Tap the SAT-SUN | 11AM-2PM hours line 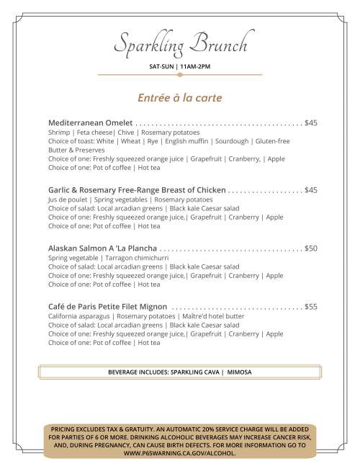point(180,66)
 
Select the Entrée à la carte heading point(180,97)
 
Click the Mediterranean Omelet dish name point(90,122)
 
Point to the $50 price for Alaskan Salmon point(311,248)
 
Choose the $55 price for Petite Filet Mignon point(311,306)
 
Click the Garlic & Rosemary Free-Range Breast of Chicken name point(137,190)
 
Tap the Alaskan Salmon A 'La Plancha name point(102,248)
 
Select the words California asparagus point(78,316)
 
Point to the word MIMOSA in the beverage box point(239,372)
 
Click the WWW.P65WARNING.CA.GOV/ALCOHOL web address point(180,454)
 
